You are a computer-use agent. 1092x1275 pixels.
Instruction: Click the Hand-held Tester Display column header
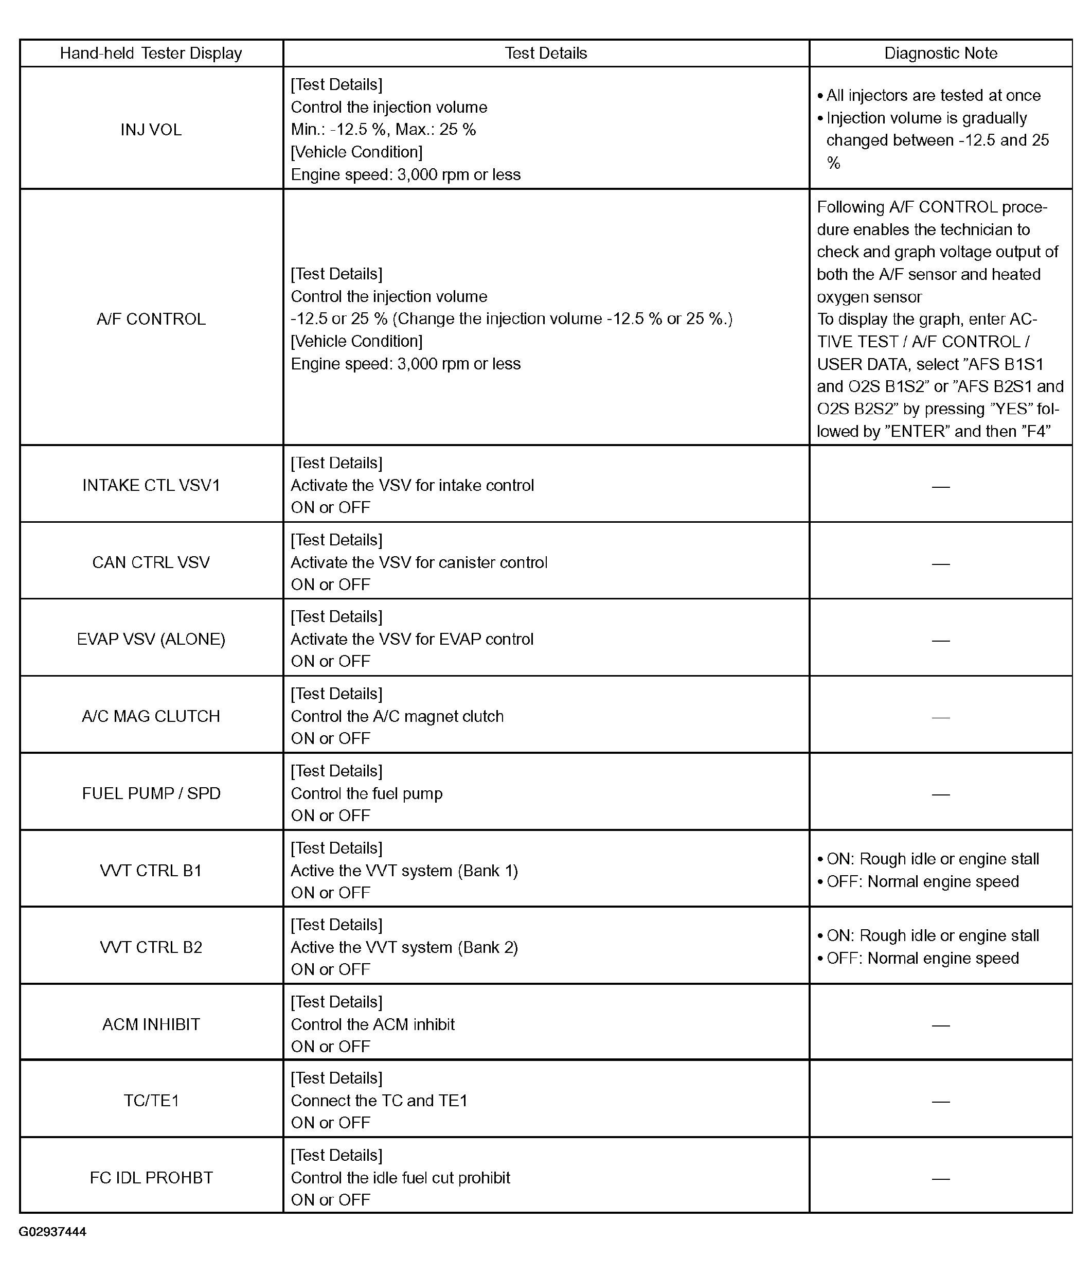[x=151, y=54]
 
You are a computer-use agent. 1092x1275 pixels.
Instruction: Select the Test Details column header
[x=546, y=54]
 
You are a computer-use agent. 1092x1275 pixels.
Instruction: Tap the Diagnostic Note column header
[x=941, y=54]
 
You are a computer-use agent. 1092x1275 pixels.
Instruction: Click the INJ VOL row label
[x=151, y=130]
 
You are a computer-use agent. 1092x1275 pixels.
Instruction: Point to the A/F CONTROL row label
[x=151, y=320]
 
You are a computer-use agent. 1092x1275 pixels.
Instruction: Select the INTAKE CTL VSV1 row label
[x=151, y=486]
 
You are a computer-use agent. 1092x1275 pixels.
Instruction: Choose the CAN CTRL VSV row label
[x=151, y=562]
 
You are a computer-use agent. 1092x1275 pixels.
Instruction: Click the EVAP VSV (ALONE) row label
[x=151, y=640]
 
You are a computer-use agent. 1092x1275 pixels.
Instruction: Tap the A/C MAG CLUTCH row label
[x=151, y=716]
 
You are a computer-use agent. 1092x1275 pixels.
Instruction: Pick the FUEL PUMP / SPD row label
[x=151, y=793]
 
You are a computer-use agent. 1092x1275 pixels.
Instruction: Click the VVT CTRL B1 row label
[x=151, y=871]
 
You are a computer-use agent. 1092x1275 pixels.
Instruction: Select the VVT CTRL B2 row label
[x=151, y=947]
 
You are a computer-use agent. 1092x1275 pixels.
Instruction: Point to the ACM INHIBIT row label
[x=151, y=1024]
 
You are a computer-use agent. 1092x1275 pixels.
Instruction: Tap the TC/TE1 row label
[x=151, y=1101]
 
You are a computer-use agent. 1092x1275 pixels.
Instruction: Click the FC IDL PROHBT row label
[x=151, y=1178]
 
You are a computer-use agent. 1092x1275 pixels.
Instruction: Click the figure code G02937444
[x=52, y=1232]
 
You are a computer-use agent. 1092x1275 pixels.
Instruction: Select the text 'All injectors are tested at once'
[x=933, y=95]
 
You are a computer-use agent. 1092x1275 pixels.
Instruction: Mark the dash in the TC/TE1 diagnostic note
[x=941, y=1102]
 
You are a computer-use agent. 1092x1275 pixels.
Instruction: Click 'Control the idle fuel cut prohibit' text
[x=401, y=1178]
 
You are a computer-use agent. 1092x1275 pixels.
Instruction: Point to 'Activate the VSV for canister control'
[x=419, y=562]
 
